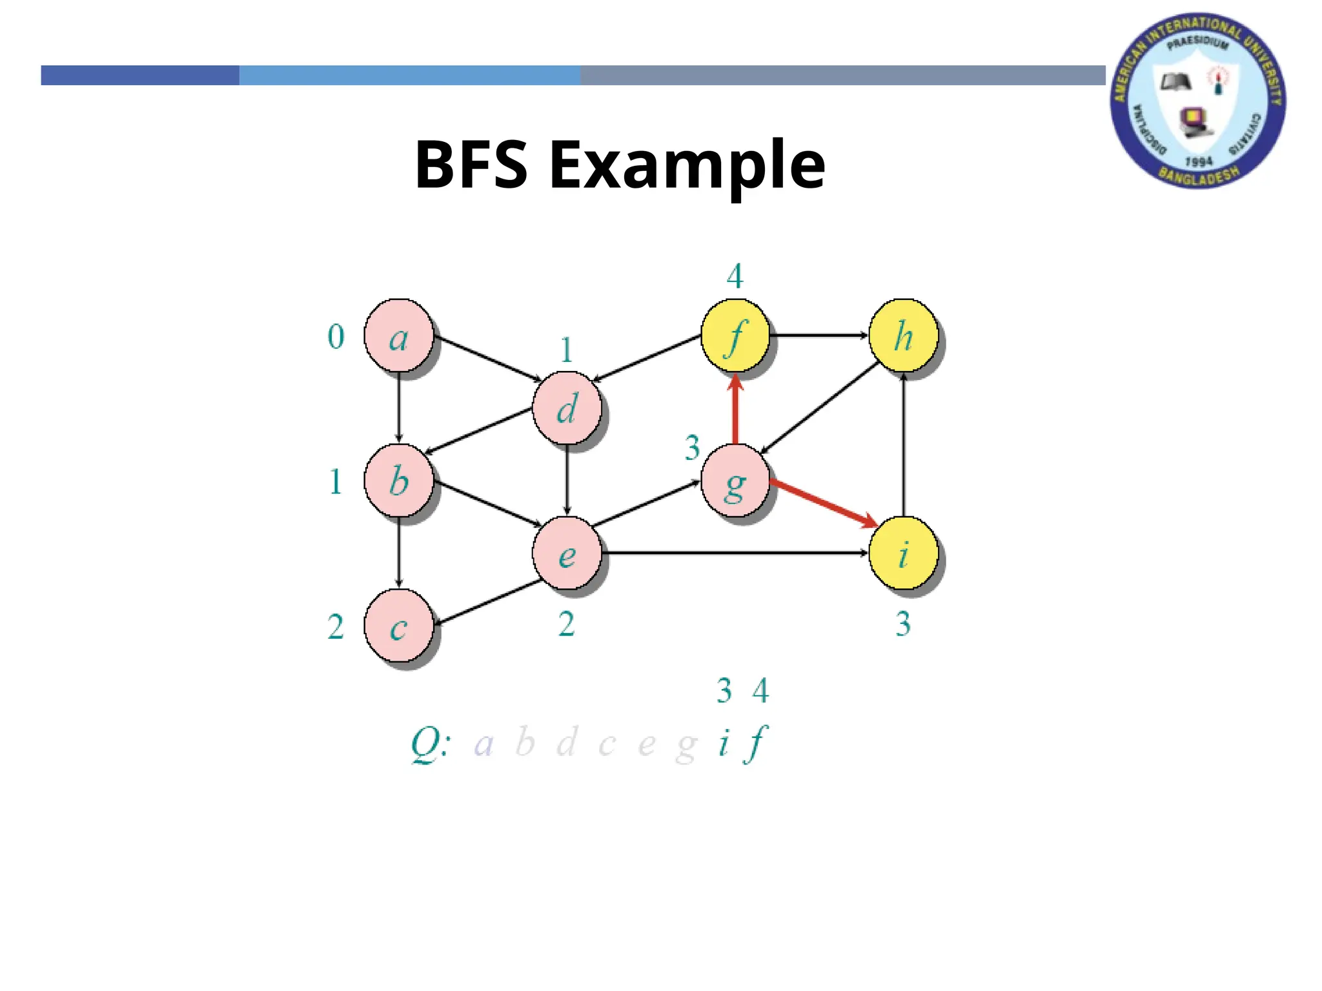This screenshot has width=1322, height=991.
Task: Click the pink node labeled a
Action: coord(398,335)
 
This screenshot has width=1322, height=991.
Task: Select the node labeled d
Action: coord(567,408)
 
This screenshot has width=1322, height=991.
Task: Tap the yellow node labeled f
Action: coord(735,335)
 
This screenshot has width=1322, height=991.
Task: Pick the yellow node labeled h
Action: coord(903,335)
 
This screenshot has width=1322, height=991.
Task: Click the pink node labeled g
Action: coord(735,481)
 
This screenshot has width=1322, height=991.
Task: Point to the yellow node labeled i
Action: coord(903,554)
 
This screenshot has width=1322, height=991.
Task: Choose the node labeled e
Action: coord(567,554)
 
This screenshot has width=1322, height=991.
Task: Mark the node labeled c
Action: coord(398,626)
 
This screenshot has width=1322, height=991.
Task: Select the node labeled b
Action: coord(398,481)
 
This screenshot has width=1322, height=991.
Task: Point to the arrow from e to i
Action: coord(736,553)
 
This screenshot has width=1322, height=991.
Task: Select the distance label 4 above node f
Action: coord(735,276)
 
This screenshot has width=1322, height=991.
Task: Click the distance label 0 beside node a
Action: coord(336,336)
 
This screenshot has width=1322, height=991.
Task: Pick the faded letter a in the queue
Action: coord(483,745)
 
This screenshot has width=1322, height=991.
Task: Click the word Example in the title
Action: coord(687,166)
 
